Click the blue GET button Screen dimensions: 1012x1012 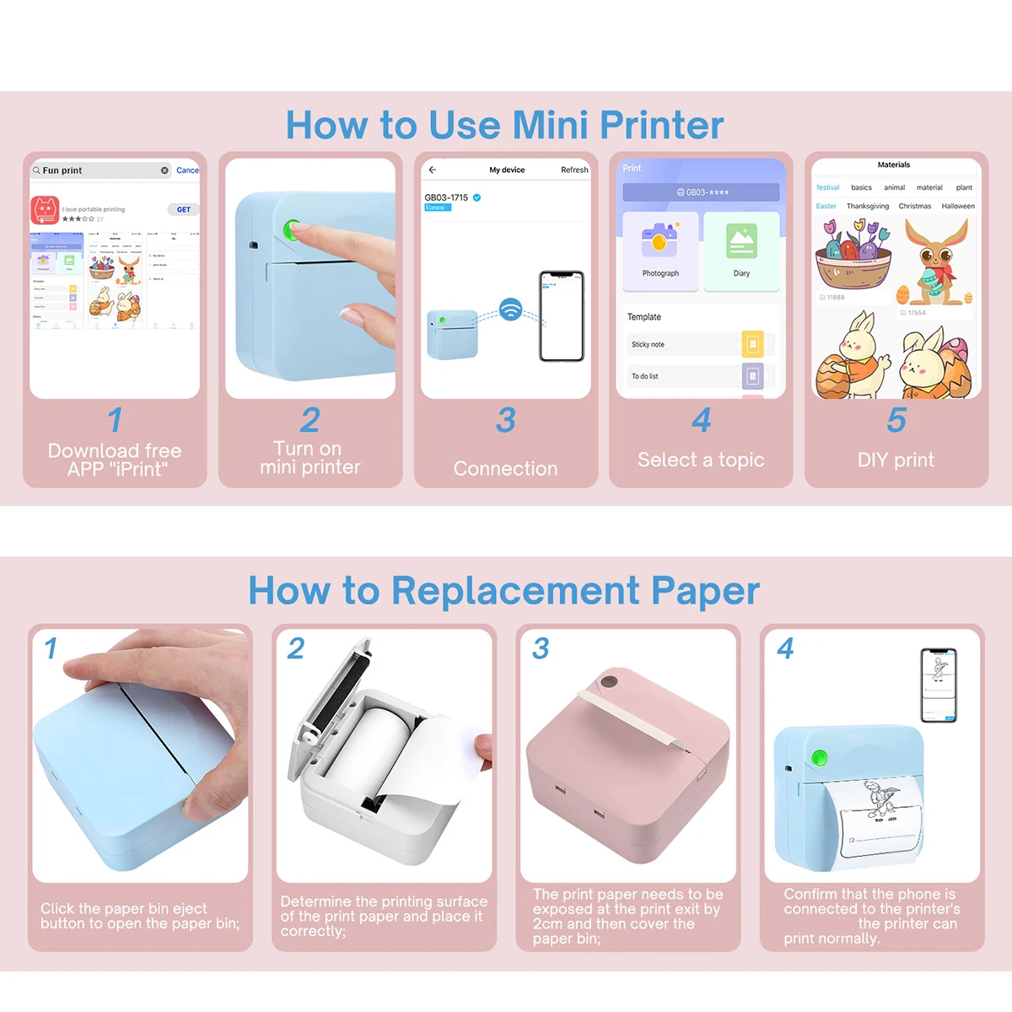pyautogui.click(x=183, y=210)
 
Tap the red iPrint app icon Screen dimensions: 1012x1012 pyautogui.click(x=45, y=210)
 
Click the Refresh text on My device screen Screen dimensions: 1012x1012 pyautogui.click(x=574, y=170)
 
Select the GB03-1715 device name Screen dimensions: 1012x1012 pyautogui.click(x=446, y=197)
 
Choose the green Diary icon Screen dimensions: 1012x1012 pyautogui.click(x=741, y=241)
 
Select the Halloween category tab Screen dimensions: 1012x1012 pyautogui.click(x=957, y=207)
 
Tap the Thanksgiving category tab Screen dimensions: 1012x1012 pyautogui.click(x=867, y=207)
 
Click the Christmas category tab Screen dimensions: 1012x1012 pyautogui.click(x=914, y=207)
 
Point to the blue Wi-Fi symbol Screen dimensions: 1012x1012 pyautogui.click(x=510, y=309)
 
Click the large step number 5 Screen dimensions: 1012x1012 pyautogui.click(x=896, y=420)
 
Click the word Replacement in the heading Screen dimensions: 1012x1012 pyautogui.click(x=515, y=590)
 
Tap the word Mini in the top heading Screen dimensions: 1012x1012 pyautogui.click(x=550, y=126)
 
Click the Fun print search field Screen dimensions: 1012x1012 pyautogui.click(x=100, y=170)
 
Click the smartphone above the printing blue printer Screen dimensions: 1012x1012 pyautogui.click(x=939, y=685)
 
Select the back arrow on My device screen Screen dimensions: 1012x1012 pyautogui.click(x=433, y=170)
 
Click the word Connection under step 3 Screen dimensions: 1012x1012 pyautogui.click(x=505, y=469)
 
